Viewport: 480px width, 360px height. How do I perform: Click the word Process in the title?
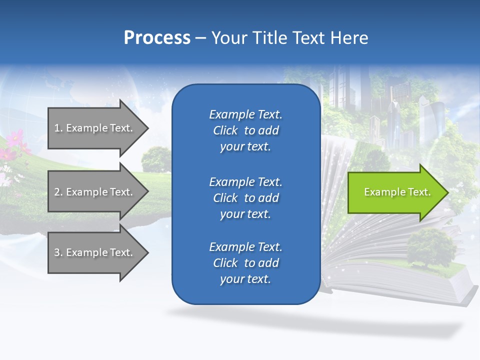[x=157, y=38]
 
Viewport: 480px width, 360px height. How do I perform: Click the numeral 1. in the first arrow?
[x=58, y=128]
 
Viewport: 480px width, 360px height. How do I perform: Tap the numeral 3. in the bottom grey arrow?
[x=58, y=252]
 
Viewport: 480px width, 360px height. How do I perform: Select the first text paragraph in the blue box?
[x=245, y=130]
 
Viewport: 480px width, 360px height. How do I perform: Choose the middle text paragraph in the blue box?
[x=245, y=198]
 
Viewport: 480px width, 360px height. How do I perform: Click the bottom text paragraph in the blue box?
[x=245, y=263]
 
